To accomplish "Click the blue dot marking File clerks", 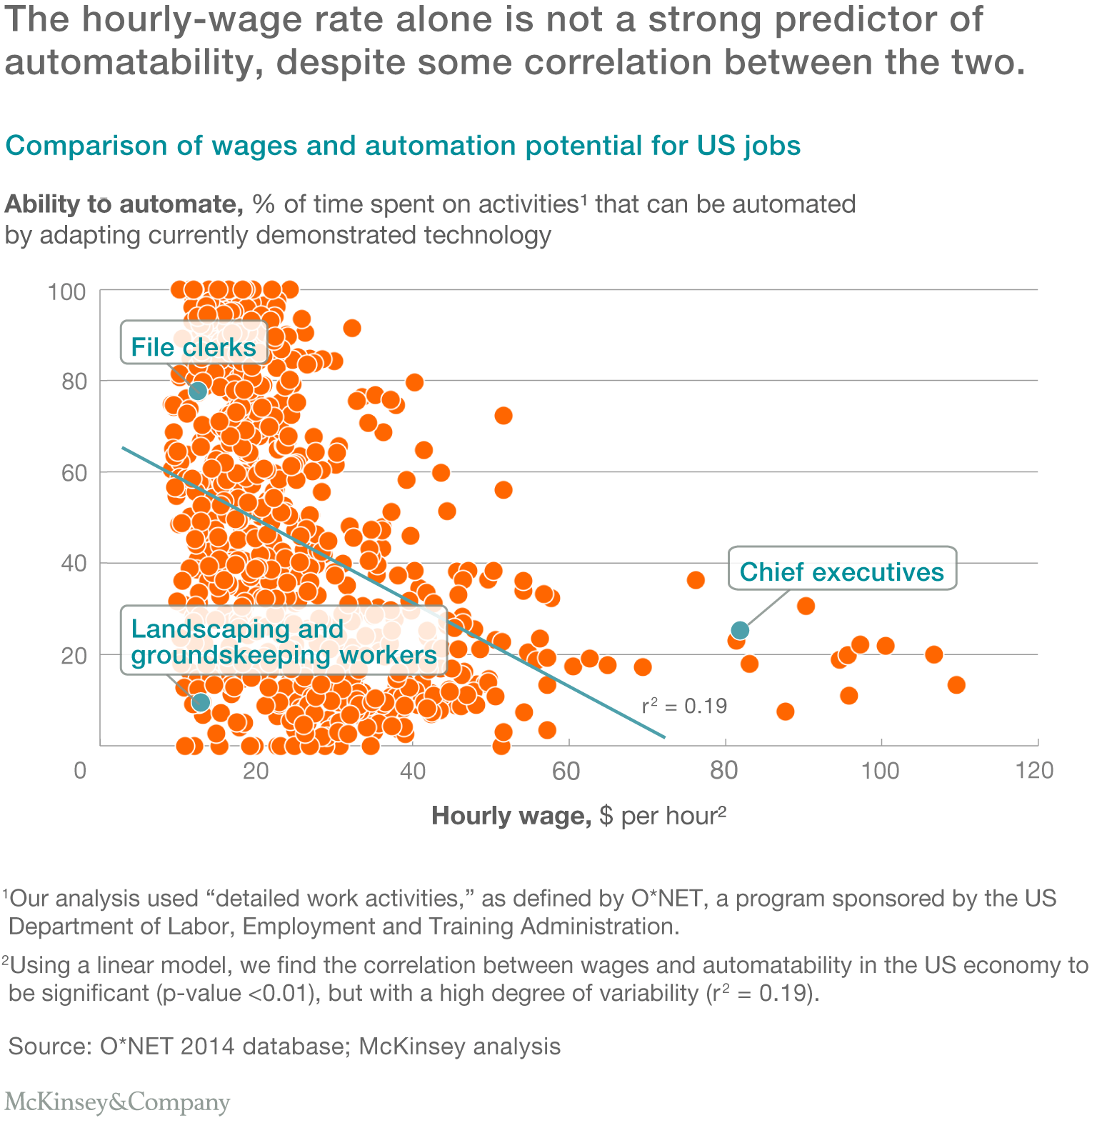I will pos(198,391).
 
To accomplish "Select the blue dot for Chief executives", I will pos(740,630).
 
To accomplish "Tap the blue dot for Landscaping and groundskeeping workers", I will pos(201,702).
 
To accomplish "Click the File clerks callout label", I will pos(194,347).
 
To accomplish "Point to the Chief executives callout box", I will pos(841,572).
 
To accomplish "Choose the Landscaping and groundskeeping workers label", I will pos(284,642).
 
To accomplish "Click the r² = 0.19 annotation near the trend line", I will pos(684,706).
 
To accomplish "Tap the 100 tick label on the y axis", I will pos(66,292).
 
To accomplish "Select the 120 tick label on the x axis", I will pos(1036,770).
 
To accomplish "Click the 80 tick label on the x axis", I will pos(723,770).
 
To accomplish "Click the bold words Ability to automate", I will pos(123,204).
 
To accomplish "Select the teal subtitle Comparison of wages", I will pos(403,146).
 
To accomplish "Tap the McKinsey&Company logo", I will pos(118,1102).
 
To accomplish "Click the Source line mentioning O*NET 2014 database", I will pos(284,1046).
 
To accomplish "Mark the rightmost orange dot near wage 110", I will pos(956,685).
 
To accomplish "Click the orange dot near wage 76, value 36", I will pos(696,580).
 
